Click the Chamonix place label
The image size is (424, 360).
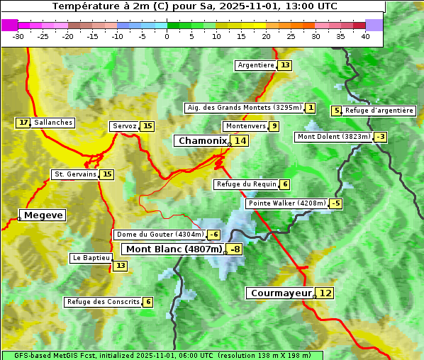(201, 141)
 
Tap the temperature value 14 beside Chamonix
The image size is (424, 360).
(241, 141)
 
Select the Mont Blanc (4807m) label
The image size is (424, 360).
(174, 249)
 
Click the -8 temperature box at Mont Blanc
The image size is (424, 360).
(234, 249)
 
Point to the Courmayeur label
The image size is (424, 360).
(281, 293)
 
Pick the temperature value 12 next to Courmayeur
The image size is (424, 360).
(325, 293)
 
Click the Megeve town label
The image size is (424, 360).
(43, 215)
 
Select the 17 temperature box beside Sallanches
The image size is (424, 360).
(24, 123)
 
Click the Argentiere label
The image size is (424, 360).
(256, 65)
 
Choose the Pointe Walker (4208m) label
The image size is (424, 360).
(286, 203)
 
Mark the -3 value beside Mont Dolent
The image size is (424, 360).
(381, 137)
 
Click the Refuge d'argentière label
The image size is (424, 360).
(379, 111)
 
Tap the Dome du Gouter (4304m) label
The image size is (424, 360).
(160, 235)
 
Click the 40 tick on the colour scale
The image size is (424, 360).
(365, 35)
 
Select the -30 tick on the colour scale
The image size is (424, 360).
(18, 35)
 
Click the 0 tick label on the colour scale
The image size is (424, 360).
(167, 35)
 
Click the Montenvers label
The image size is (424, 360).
(245, 126)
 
